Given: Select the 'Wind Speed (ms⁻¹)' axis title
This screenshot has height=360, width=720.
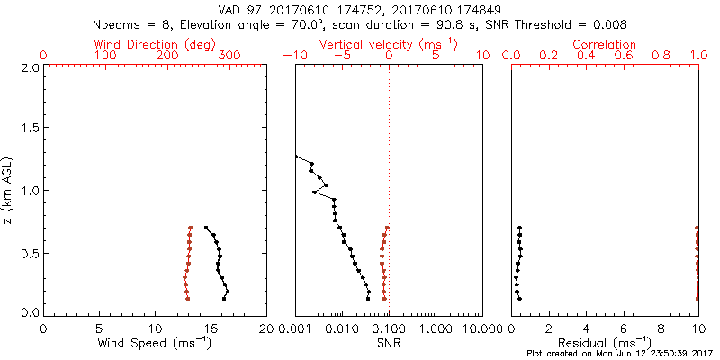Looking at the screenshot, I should click(153, 344).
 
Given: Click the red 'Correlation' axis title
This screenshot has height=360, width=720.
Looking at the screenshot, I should click(605, 44).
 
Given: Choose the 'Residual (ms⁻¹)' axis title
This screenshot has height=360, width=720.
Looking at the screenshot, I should click(605, 344).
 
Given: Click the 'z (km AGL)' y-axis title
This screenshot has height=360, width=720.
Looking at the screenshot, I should click(8, 189).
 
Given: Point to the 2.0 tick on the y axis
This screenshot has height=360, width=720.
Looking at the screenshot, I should click(28, 67).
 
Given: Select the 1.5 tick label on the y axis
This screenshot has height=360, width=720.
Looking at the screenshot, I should click(28, 129).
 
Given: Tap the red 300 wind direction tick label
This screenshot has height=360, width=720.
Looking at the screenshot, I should click(229, 56).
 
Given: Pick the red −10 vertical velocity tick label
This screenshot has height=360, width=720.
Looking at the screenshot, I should click(295, 56).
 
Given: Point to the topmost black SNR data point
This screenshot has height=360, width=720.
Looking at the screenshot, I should click(296, 157).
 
